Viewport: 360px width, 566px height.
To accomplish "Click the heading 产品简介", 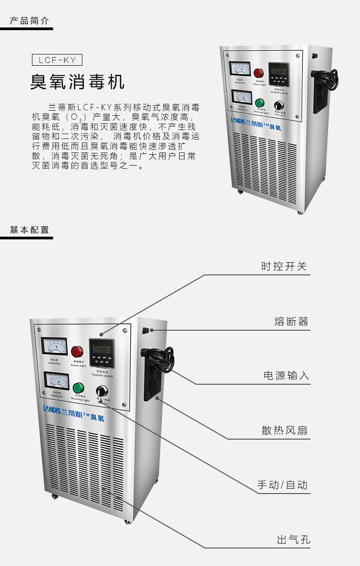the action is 30,21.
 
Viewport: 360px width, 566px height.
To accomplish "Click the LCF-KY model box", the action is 57,60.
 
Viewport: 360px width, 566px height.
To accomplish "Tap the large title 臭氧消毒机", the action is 77,82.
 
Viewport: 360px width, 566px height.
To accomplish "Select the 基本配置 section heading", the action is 30,229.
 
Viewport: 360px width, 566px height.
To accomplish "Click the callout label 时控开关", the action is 284,266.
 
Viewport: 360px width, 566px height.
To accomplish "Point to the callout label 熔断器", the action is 291,322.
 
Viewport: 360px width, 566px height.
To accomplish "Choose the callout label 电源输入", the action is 286,375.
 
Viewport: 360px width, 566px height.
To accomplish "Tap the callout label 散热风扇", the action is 284,431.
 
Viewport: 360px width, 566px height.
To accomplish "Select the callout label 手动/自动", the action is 282,485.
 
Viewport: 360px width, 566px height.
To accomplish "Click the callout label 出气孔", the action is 293,540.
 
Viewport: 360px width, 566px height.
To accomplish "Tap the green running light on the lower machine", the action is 78,388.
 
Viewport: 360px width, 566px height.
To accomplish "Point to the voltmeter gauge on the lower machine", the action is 54,347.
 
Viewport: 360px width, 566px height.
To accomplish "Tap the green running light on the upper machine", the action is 259,103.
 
